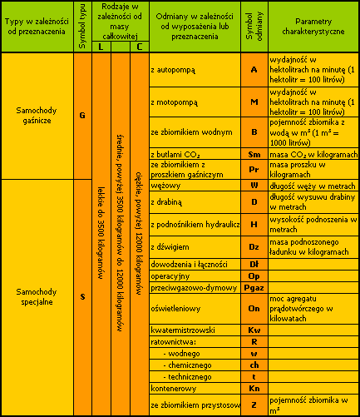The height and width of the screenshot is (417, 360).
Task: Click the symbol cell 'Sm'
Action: (x=254, y=154)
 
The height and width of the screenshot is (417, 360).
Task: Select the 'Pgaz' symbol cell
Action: (x=254, y=288)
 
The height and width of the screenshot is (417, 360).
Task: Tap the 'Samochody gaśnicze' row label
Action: (x=37, y=116)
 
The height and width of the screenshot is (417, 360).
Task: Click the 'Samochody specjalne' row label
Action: (x=37, y=296)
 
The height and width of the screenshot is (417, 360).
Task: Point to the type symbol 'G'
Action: (x=82, y=116)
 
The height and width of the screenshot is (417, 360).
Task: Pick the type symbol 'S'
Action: (x=82, y=296)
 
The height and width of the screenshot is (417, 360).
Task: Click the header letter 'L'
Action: (x=101, y=47)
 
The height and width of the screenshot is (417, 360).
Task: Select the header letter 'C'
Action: (x=140, y=47)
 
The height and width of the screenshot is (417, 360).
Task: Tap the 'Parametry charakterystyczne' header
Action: (x=313, y=27)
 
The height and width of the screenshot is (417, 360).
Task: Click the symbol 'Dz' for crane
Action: (x=254, y=247)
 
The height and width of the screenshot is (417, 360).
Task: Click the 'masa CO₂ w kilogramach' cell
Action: (x=313, y=154)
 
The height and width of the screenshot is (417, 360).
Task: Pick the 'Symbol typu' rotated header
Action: (x=82, y=27)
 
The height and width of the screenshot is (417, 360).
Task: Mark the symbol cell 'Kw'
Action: (x=254, y=330)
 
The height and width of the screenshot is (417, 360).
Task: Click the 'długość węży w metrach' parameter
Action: (x=313, y=186)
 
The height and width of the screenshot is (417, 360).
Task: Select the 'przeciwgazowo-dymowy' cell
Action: (x=194, y=288)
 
